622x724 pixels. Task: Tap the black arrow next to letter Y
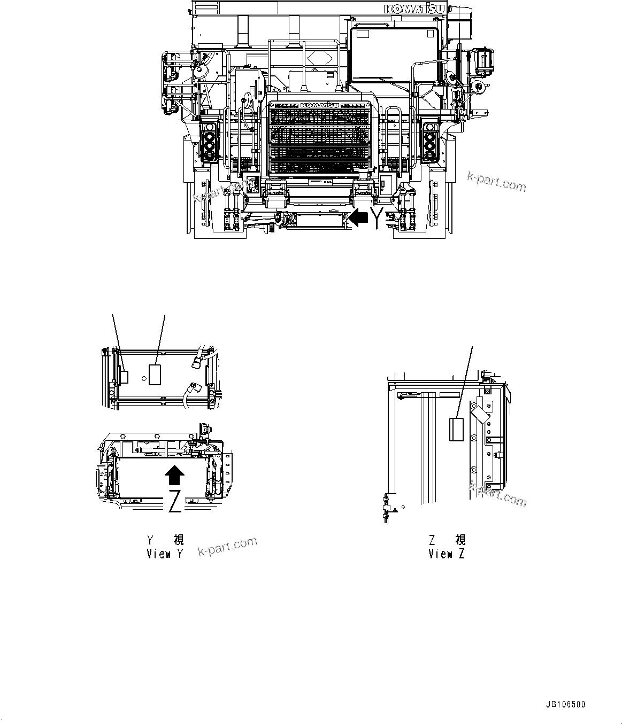tap(358, 217)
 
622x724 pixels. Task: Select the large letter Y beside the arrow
tap(378, 218)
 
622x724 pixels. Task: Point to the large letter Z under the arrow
tap(174, 501)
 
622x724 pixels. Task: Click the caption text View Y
tap(165, 554)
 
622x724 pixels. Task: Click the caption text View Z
tap(446, 554)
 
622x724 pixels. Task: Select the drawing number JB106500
tap(565, 704)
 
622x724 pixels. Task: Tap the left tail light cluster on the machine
tap(208, 142)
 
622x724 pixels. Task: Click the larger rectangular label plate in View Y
tap(155, 374)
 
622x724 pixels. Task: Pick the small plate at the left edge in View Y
tap(124, 377)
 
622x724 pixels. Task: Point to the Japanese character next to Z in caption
tap(460, 540)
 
